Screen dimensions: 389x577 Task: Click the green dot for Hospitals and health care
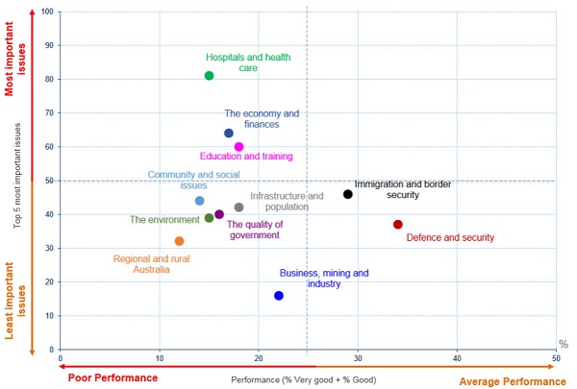[x=209, y=76]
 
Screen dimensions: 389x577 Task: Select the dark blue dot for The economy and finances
[x=229, y=134]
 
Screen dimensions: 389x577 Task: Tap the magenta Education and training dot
[x=238, y=147]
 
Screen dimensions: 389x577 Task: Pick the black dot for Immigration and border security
[x=348, y=194]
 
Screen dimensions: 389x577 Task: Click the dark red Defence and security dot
[x=397, y=225]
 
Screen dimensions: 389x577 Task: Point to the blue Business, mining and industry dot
[x=279, y=296]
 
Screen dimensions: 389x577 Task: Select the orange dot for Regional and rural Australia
[x=179, y=241]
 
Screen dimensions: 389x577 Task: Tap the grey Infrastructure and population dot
[x=238, y=207]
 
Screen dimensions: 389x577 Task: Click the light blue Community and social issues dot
[x=199, y=201]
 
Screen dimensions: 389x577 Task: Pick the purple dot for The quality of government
[x=219, y=215]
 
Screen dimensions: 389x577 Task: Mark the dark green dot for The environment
[x=209, y=218]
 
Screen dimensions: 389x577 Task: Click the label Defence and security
[x=450, y=237]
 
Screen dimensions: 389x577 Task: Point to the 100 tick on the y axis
[x=49, y=12]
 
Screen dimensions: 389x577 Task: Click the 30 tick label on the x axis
[x=357, y=358]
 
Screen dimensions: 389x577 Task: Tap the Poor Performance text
[x=113, y=378]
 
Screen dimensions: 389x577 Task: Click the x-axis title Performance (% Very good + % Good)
[x=307, y=380]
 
